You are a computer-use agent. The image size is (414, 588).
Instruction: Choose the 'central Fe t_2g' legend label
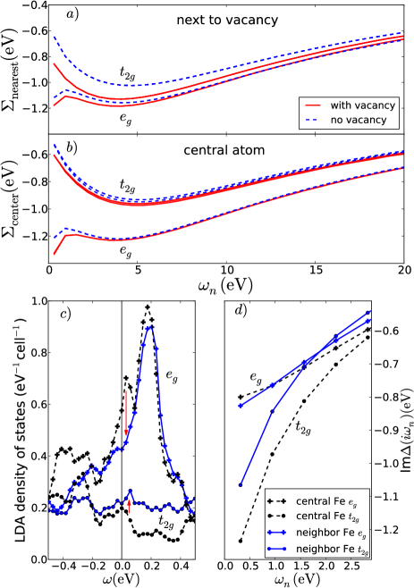(x=329, y=517)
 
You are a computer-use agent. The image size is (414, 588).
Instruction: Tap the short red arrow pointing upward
(x=129, y=506)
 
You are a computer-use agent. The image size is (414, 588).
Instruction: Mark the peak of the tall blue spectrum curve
(x=149, y=327)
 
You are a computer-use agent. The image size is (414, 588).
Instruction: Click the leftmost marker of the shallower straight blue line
(x=240, y=406)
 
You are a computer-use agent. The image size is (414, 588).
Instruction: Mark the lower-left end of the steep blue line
(x=240, y=486)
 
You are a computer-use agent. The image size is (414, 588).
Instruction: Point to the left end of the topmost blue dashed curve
(x=54, y=37)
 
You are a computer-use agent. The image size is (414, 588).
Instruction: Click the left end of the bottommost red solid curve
(x=54, y=255)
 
